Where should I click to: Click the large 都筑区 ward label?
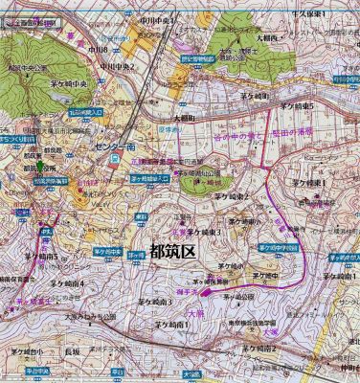click(x=172, y=252)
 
